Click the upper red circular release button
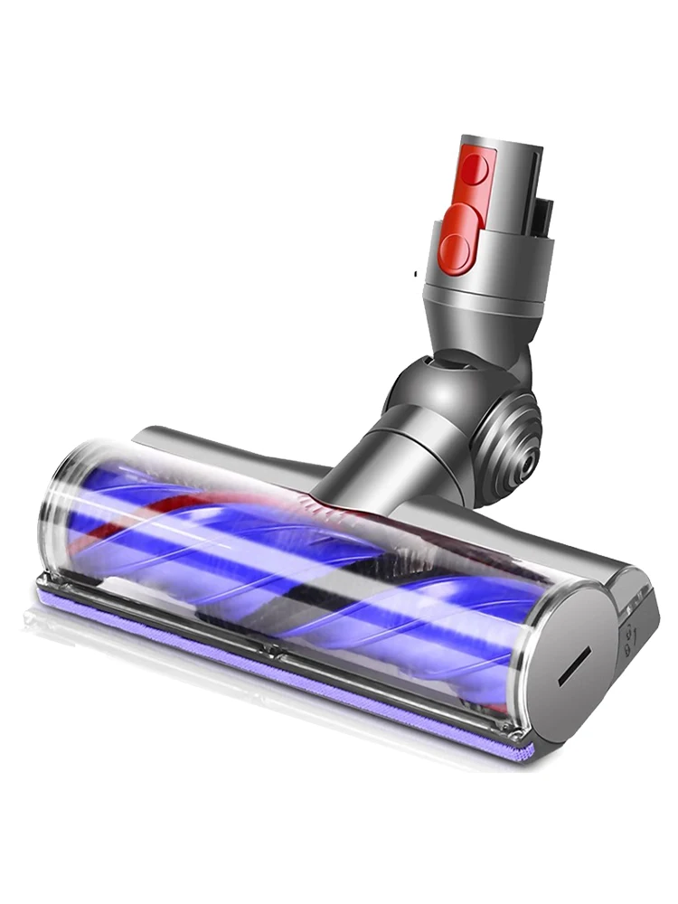point(476,170)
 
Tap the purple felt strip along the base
point(271,664)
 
